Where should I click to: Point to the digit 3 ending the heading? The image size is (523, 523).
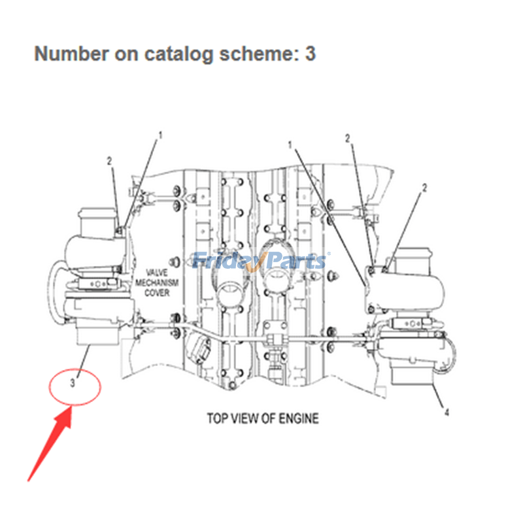(310, 54)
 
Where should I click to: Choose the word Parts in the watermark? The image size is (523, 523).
(297, 261)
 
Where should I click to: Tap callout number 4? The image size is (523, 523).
(447, 412)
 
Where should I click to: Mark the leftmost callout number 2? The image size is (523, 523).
(110, 160)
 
